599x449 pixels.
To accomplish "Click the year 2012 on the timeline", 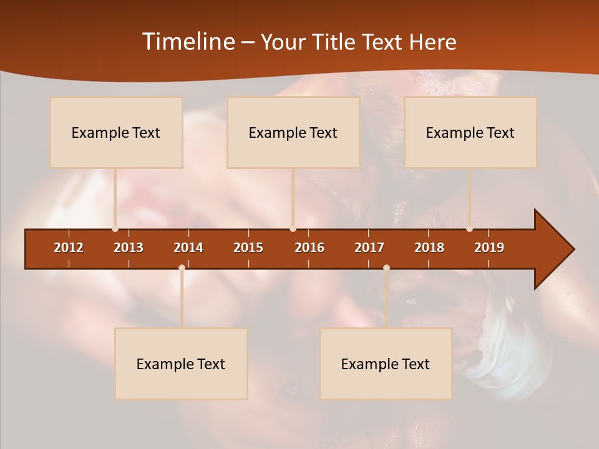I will [69, 248].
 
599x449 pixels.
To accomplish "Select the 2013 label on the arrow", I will [129, 248].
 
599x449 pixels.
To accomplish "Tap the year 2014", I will [188, 248].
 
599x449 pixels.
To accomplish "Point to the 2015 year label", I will [248, 248].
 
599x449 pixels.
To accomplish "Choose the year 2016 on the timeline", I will [309, 248].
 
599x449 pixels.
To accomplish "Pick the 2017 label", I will [369, 248].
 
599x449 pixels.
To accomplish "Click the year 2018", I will [429, 248].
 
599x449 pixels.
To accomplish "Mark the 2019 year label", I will [489, 248].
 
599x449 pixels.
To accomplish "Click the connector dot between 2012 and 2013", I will [115, 228].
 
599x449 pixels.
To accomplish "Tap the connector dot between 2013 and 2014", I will [182, 268].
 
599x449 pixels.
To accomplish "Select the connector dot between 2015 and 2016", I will [293, 228].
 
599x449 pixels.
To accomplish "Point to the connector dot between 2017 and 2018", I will [386, 268].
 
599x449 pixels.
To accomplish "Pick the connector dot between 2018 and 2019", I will [469, 228].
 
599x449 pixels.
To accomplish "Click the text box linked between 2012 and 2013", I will [116, 132].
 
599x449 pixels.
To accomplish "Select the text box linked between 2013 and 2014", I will [181, 364].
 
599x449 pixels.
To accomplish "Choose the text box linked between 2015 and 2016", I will [293, 132].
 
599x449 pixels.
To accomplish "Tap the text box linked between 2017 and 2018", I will [386, 364].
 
